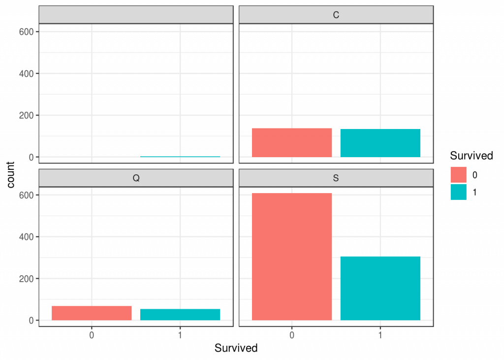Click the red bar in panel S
pos(292,257)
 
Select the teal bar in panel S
pos(380,288)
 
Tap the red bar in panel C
pos(292,143)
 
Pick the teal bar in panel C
pos(380,143)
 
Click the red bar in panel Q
pos(92,313)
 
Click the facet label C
pos(336,15)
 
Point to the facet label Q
pos(136,178)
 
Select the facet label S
pos(336,178)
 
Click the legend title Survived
pos(472,156)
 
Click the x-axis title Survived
pos(236,348)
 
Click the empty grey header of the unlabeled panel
pos(136,15)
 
